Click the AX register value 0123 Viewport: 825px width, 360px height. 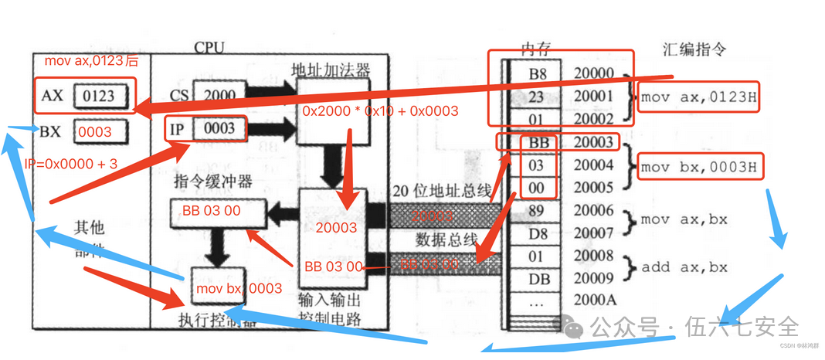[x=96, y=97]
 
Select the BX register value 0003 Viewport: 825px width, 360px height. [x=95, y=132]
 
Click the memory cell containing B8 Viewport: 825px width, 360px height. [x=537, y=74]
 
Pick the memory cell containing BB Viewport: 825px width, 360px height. [x=537, y=142]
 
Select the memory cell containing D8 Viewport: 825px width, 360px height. [x=537, y=233]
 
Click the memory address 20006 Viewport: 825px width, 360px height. [x=594, y=210]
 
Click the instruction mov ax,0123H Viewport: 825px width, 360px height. [x=697, y=97]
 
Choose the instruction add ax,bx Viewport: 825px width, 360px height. [x=684, y=267]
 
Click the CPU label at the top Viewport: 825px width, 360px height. [x=209, y=48]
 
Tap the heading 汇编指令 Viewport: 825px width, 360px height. [x=694, y=49]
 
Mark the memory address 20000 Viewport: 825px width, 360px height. [x=594, y=74]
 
